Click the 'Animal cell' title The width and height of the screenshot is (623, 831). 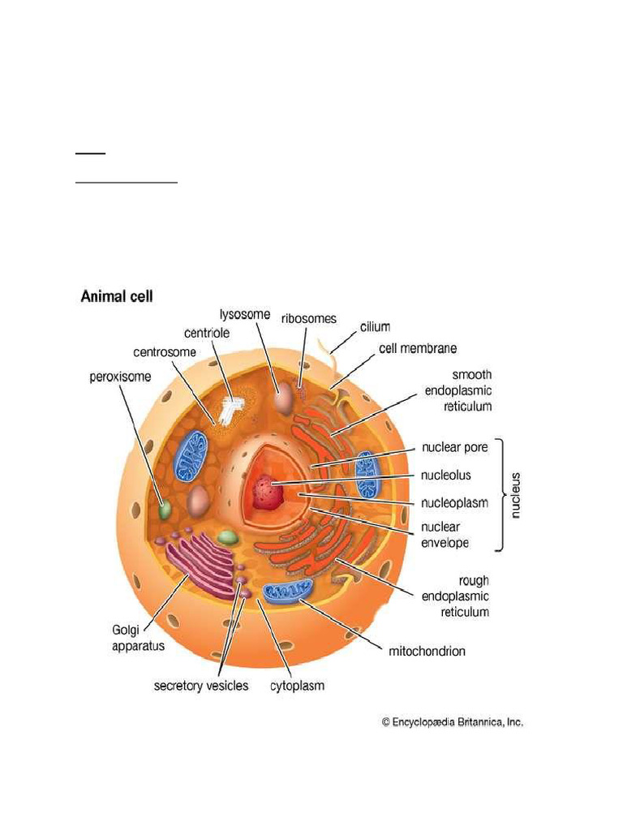(117, 297)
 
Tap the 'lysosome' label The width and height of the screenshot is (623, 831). (245, 314)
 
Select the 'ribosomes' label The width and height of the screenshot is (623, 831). (309, 319)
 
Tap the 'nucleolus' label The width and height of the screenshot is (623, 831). (446, 475)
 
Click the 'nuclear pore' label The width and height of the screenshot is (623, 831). (453, 447)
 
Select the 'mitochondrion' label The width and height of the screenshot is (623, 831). (428, 651)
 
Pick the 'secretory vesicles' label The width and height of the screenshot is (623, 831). (201, 686)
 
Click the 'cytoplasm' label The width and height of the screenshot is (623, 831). (297, 686)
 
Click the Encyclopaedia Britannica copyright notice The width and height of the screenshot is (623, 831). (452, 721)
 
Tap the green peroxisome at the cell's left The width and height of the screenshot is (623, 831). (165, 510)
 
